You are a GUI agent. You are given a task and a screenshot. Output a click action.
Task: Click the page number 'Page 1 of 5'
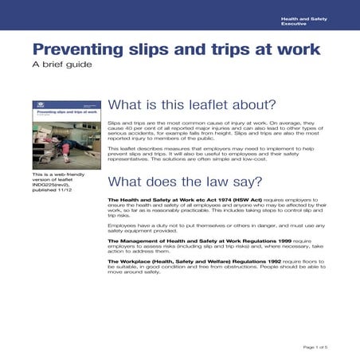[315, 347]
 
